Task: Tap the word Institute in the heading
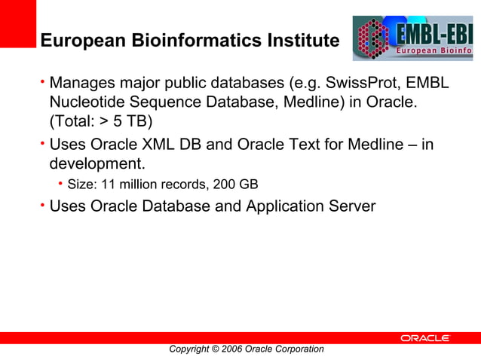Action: pyautogui.click(x=300, y=40)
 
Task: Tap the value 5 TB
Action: pyautogui.click(x=133, y=122)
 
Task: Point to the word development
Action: pyautogui.click(x=96, y=163)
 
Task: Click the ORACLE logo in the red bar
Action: pyautogui.click(x=424, y=339)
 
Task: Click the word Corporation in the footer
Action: pyautogui.click(x=299, y=349)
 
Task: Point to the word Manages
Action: pyautogui.click(x=79, y=81)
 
